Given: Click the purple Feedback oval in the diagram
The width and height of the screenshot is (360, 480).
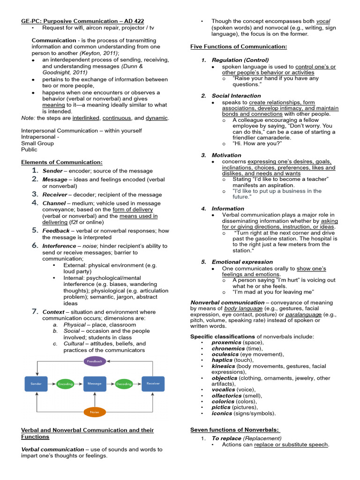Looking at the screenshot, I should [95, 361].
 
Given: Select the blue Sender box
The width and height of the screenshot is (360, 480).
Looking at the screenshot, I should [36, 384].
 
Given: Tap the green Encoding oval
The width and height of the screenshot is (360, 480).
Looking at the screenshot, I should [65, 384].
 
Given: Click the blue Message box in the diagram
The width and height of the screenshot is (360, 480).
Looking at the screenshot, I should [95, 384].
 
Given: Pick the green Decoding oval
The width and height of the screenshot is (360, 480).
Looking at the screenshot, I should [124, 384].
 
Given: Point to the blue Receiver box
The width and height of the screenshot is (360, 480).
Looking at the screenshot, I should [153, 384].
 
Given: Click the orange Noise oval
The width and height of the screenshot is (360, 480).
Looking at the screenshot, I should [95, 412].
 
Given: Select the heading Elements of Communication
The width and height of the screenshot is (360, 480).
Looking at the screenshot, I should [62, 162].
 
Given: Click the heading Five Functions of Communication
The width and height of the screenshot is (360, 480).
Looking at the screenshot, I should [239, 46].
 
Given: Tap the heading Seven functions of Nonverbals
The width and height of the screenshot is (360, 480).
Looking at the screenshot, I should [234, 430].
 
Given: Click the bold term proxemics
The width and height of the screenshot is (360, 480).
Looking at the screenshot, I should [226, 343].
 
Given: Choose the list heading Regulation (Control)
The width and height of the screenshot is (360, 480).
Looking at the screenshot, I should [240, 60].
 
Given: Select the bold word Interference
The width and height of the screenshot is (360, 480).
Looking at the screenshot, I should [59, 246].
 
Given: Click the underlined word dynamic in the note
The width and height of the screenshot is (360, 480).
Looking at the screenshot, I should [156, 118].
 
